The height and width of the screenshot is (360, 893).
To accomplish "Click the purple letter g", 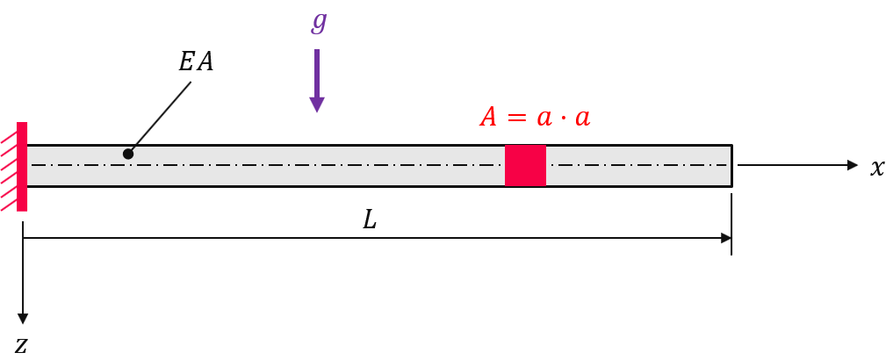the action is pyautogui.click(x=320, y=23).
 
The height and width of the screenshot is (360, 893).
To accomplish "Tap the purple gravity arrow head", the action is pyautogui.click(x=317, y=104).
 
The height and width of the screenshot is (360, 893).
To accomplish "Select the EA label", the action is pyautogui.click(x=196, y=62).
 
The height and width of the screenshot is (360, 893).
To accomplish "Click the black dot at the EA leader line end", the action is pyautogui.click(x=128, y=154).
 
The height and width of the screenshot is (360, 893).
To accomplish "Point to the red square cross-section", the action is pyautogui.click(x=526, y=165).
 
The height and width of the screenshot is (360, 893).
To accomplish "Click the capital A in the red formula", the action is pyautogui.click(x=488, y=118).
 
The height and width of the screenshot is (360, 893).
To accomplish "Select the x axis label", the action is pyautogui.click(x=877, y=168).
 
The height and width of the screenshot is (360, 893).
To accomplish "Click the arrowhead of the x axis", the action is pyautogui.click(x=853, y=165).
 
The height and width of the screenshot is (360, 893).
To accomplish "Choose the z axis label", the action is pyautogui.click(x=21, y=345).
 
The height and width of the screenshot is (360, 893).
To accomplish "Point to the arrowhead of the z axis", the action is pyautogui.click(x=23, y=319).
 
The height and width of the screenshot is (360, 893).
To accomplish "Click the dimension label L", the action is pyautogui.click(x=371, y=220).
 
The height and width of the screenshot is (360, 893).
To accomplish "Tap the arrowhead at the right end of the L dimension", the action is pyautogui.click(x=726, y=238).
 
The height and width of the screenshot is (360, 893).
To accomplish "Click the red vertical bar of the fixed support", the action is pyautogui.click(x=22, y=167).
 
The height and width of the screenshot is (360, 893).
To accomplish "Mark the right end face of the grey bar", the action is pyautogui.click(x=731, y=166).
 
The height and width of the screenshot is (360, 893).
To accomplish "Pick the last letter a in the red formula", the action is pyautogui.click(x=582, y=118).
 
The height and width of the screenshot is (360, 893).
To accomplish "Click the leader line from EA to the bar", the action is pyautogui.click(x=160, y=117).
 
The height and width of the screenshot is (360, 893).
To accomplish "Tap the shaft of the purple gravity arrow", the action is pyautogui.click(x=317, y=73).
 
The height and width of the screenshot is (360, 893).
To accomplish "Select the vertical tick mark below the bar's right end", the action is pyautogui.click(x=731, y=225).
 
